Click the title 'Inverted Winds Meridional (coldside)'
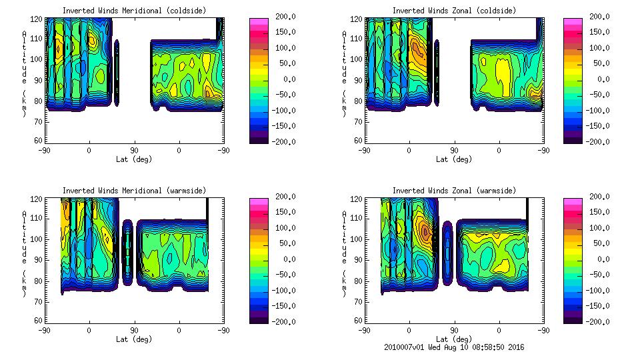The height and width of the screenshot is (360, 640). [134, 10]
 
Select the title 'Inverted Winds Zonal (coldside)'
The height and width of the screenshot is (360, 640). [454, 10]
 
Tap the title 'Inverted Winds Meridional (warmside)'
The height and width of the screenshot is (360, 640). [134, 190]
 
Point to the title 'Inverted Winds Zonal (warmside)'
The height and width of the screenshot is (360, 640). [454, 190]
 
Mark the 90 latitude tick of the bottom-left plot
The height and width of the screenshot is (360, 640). [134, 330]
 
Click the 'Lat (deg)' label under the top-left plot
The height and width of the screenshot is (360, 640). [134, 159]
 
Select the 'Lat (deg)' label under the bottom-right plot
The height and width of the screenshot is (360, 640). [454, 339]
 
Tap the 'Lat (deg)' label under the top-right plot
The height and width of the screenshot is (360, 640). [454, 159]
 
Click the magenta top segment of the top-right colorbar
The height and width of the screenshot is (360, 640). [573, 22]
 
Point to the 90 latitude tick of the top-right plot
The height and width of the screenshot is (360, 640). [454, 151]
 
